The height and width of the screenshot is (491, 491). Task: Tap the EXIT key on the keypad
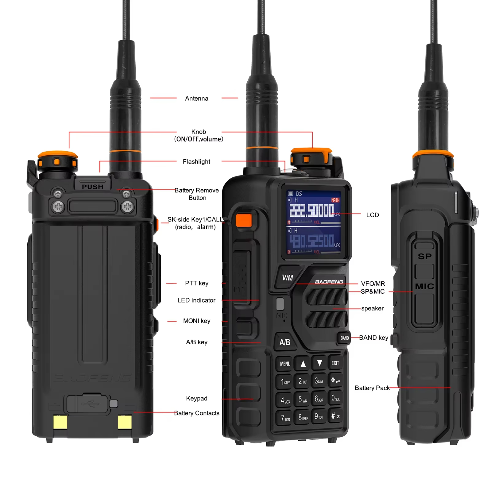pyautogui.click(x=335, y=363)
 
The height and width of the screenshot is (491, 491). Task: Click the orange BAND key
pyautogui.click(x=344, y=338)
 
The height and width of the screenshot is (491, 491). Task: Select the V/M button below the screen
pyautogui.click(x=287, y=278)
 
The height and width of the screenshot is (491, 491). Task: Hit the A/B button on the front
pyautogui.click(x=284, y=342)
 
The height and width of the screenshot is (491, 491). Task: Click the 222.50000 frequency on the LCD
pyautogui.click(x=311, y=211)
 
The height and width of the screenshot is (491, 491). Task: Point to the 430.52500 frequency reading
pyautogui.click(x=311, y=241)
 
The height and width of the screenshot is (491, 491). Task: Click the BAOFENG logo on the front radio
pyautogui.click(x=329, y=282)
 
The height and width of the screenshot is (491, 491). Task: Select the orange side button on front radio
pyautogui.click(x=244, y=220)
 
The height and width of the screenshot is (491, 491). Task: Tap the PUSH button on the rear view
pyautogui.click(x=92, y=186)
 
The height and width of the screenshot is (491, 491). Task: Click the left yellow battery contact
pyautogui.click(x=60, y=422)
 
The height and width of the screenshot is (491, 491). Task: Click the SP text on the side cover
pyautogui.click(x=424, y=256)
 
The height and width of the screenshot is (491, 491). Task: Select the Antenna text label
pyautogui.click(x=196, y=99)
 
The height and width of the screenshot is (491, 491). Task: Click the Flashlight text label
pyautogui.click(x=196, y=162)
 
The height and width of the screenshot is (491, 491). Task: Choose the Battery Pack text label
pyautogui.click(x=372, y=388)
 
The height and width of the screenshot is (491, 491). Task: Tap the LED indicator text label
pyautogui.click(x=196, y=300)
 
